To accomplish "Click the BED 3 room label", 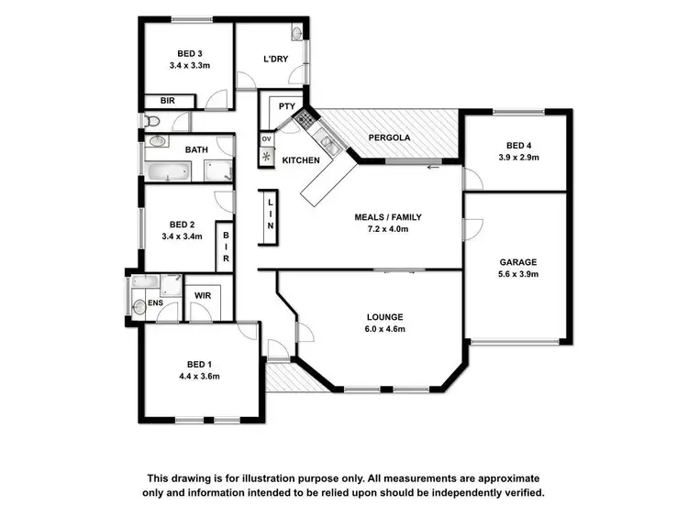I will tap(189, 52).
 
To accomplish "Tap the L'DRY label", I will tap(276, 60).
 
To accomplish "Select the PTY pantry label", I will tap(286, 107).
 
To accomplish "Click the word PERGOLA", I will tap(389, 138).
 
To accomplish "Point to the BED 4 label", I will tap(518, 145).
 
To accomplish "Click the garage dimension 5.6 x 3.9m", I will tap(517, 274).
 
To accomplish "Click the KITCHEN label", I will tap(301, 160).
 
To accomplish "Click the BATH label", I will tap(196, 149).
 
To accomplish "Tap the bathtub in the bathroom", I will tap(167, 170).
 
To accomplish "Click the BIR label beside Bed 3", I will tap(168, 101).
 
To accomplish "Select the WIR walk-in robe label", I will tap(202, 296).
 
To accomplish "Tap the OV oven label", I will tap(267, 138).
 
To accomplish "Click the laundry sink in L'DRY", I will tap(297, 33).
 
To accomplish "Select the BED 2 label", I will tap(183, 224).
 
